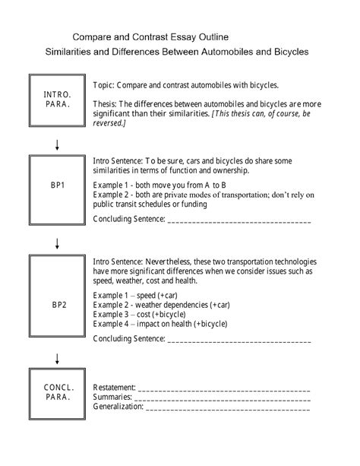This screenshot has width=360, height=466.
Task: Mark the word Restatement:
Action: tap(114, 387)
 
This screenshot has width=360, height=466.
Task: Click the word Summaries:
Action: tap(112, 397)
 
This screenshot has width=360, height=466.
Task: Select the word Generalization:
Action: tap(118, 407)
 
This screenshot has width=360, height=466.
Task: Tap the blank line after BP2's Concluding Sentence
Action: tap(238, 338)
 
